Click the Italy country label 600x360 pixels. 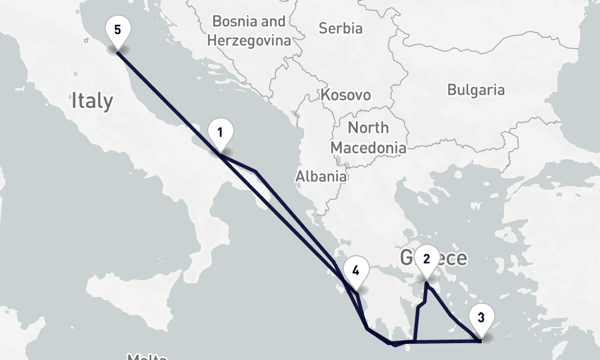pos(92,100)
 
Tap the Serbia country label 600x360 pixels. pos(340,28)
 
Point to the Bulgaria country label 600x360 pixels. pos(476,90)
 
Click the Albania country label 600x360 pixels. pos(320,176)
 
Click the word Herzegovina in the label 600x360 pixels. pos(248,41)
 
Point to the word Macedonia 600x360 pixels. pos(368,147)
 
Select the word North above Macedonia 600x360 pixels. pos(368,128)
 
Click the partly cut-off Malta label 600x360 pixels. pos(146,356)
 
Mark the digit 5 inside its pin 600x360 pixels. pos(117,29)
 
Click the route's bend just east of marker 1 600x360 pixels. pos(256,172)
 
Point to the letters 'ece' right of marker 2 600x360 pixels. pos(453,258)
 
